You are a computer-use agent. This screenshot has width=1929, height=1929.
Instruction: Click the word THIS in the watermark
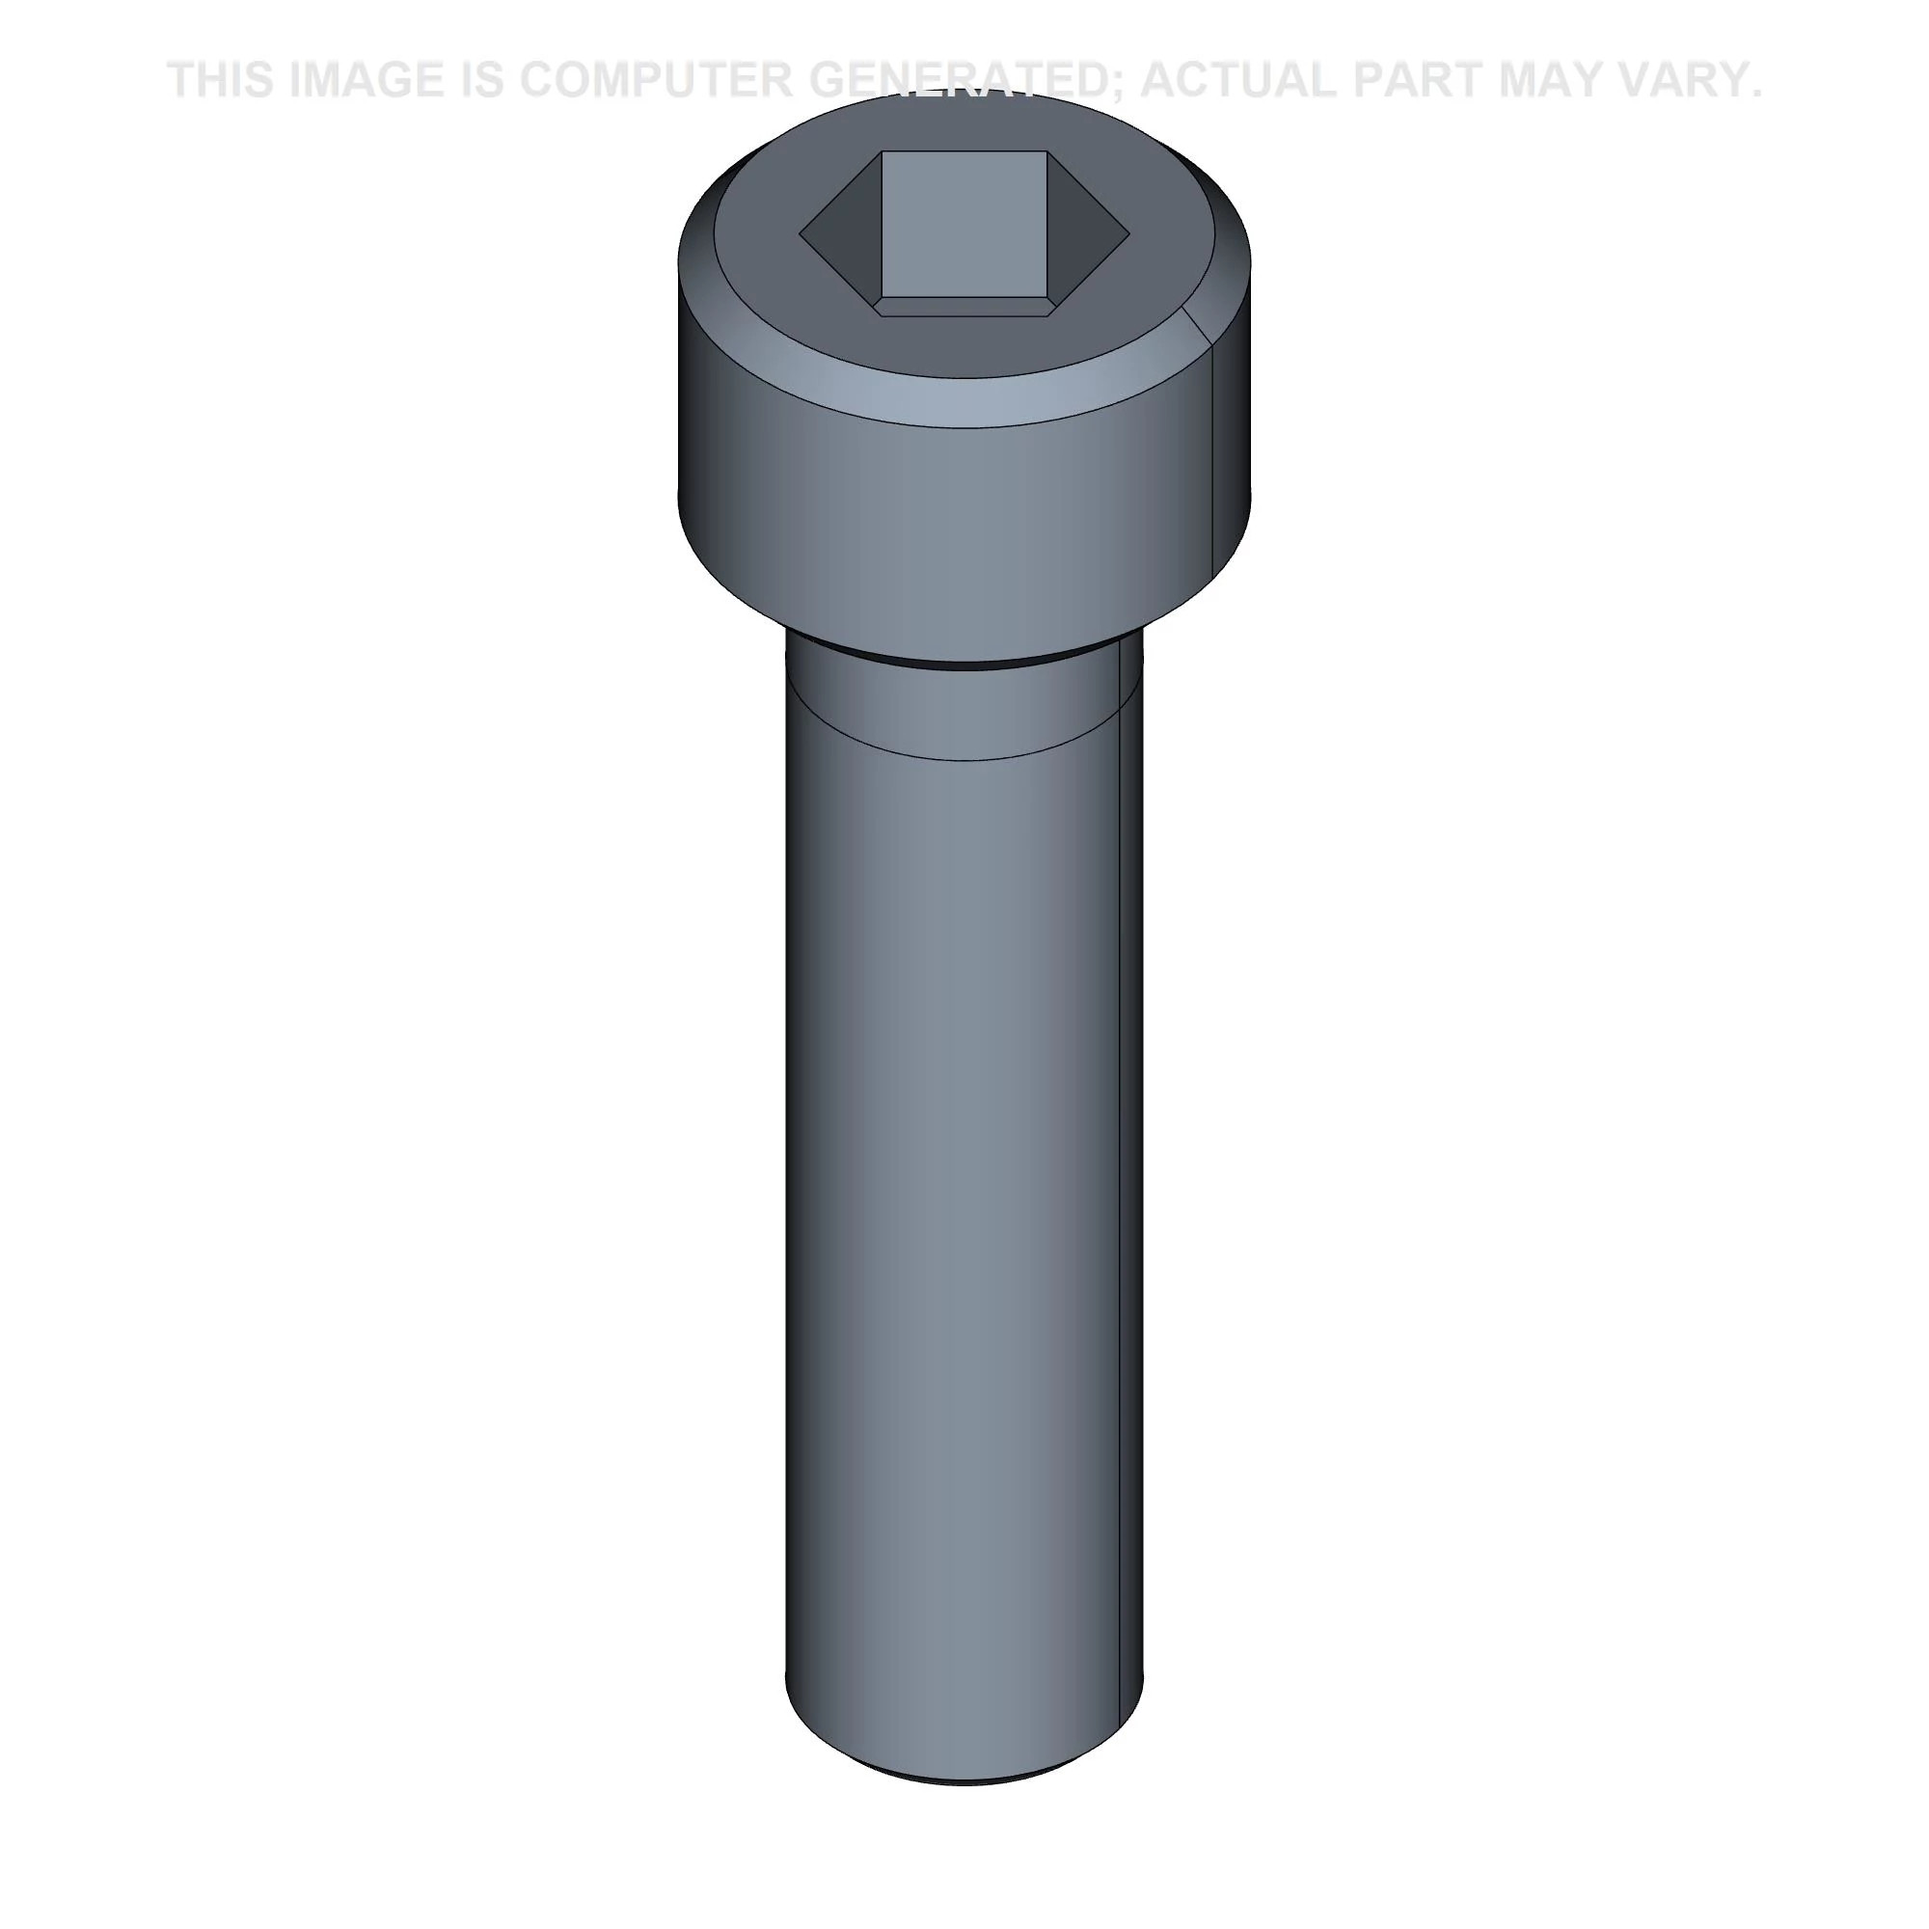(x=221, y=80)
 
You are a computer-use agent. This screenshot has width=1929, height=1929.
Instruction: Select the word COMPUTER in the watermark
(x=655, y=80)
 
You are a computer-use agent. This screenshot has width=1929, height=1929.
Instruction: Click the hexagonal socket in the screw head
(x=964, y=234)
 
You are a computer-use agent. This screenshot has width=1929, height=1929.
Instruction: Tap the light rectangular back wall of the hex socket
(x=964, y=225)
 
